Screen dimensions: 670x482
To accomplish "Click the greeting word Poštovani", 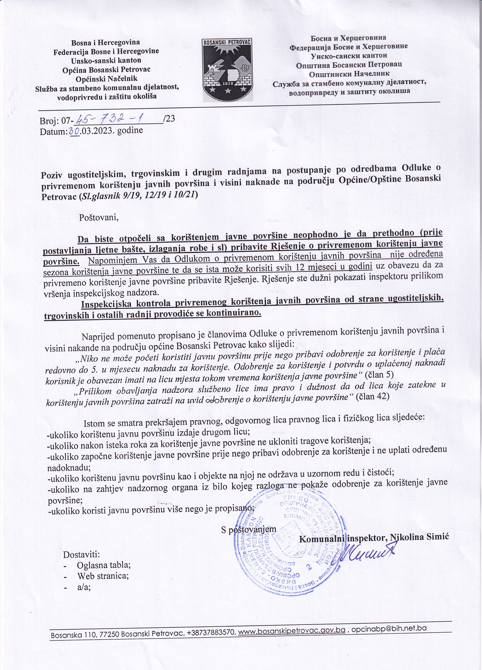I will pyautogui.click(x=99, y=218).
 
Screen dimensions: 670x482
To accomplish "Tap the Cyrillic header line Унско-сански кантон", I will pyautogui.click(x=349, y=55).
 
